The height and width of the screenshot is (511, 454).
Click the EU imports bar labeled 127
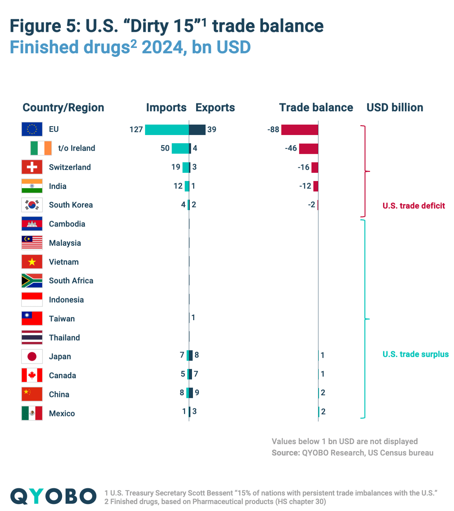167,130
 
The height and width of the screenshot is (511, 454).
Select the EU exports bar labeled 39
197,130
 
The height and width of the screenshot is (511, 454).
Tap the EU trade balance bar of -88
300,130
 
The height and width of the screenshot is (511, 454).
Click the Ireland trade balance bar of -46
308,149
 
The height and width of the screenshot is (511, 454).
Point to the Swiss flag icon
32,167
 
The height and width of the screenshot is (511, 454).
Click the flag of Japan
32,356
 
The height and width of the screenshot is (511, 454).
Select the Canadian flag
32,375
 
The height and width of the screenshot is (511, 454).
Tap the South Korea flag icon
32,205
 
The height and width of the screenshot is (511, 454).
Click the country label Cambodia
67,224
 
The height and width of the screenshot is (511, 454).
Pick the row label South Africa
71,281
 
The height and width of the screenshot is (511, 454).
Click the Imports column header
166,108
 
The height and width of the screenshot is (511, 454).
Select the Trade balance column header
316,108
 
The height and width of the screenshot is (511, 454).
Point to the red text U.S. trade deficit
413,206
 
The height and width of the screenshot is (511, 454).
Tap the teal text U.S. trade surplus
415,354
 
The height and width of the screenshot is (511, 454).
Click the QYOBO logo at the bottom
53,496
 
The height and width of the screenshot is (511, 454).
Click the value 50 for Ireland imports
165,148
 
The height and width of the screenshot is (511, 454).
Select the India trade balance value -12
305,186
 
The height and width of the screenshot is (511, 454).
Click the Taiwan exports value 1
193,318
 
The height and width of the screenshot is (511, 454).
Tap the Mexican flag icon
32,413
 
